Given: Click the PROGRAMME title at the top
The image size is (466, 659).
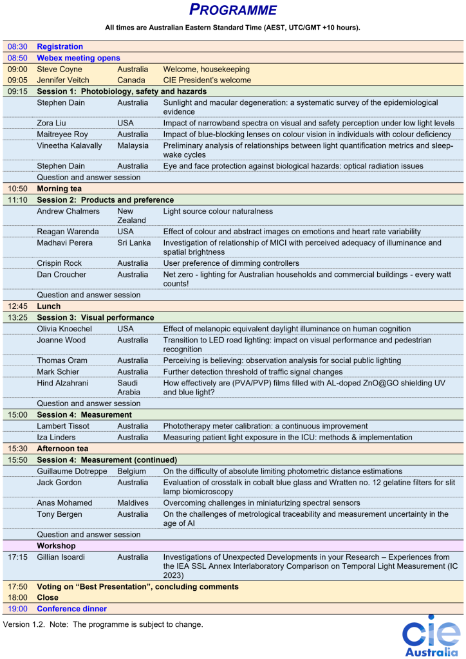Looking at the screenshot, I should tap(233, 10).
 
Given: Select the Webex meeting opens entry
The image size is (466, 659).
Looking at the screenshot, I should tap(79, 58).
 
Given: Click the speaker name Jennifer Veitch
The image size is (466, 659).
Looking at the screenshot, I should tap(63, 80).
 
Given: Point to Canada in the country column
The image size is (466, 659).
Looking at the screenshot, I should tap(131, 80).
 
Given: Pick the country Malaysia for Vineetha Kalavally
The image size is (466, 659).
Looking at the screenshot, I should tap(133, 145).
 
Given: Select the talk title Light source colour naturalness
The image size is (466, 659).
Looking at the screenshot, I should tap(218, 211).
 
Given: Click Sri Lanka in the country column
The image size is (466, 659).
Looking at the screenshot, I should tap(133, 243).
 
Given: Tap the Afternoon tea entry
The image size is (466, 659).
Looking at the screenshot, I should tap(65, 449).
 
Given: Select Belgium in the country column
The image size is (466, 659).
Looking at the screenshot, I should tap(132, 471).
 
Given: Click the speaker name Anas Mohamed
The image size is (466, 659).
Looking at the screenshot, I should tap(64, 503).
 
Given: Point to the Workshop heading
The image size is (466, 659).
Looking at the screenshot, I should tap(56, 546).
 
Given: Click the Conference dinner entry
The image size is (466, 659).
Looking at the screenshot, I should tap(71, 609).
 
